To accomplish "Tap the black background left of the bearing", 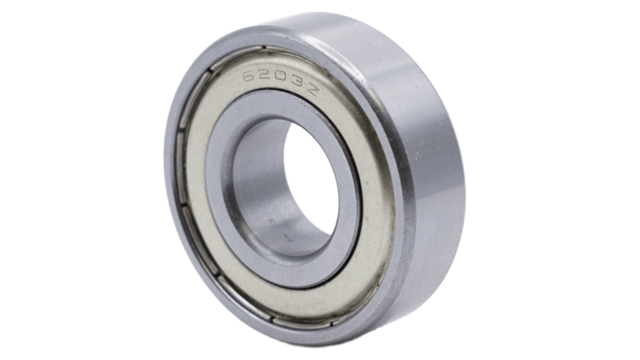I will [75, 180].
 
